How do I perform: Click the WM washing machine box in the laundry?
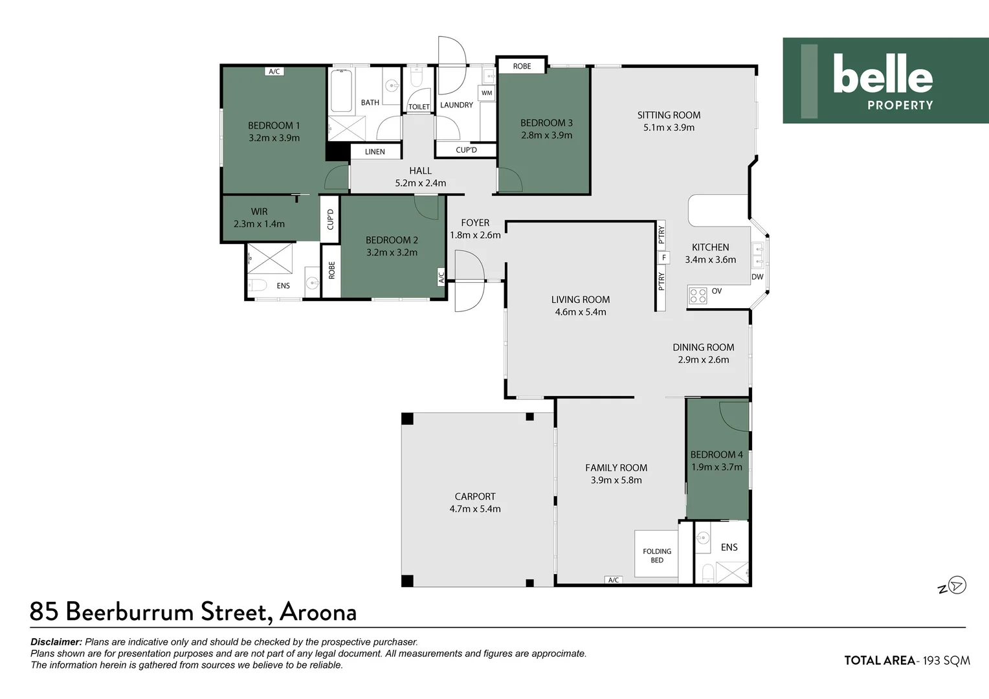[x=487, y=93]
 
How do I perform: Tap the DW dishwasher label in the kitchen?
[x=757, y=277]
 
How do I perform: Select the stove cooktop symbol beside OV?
[x=698, y=295]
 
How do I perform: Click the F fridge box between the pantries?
[x=663, y=258]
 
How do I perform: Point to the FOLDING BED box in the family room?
[x=656, y=555]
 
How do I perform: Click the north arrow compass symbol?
[x=957, y=586]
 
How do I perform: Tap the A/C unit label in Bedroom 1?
[x=274, y=71]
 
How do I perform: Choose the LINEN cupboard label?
[x=375, y=151]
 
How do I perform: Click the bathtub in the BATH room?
[x=341, y=91]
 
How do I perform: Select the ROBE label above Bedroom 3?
[x=522, y=66]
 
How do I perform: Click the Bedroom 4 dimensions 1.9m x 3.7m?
[x=717, y=467]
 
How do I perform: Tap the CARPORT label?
[x=475, y=496]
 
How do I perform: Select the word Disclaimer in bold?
[x=56, y=642]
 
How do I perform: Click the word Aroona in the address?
[x=318, y=612]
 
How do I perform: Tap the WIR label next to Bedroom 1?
[x=259, y=212]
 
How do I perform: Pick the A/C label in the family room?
[x=613, y=580]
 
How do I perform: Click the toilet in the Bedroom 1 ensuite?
[x=257, y=285]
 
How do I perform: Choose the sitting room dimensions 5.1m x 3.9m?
[x=669, y=128]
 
